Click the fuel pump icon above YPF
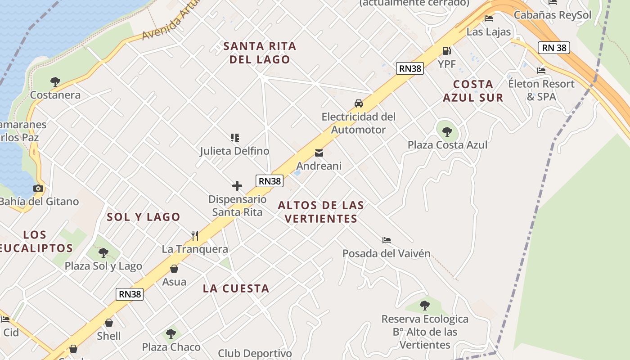coord(446,51)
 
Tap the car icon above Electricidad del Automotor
coord(359,103)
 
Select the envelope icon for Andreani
coord(319,153)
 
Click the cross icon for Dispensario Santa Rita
coord(237,186)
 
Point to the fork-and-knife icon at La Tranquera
coord(195,235)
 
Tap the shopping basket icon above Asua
coord(174,269)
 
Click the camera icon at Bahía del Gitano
coord(38,189)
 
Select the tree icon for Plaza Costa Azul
coord(447,132)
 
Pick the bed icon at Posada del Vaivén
coord(387,240)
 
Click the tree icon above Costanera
coord(55,82)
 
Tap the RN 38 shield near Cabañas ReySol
coord(553,48)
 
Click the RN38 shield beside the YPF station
coord(410,68)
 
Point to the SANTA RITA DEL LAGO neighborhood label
coord(260,53)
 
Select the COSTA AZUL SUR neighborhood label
coord(473,91)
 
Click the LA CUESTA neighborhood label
coord(236,288)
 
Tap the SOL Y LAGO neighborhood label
coord(144,217)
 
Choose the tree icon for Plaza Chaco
coord(171,334)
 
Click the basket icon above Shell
coord(109,323)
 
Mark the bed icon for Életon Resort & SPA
coord(541,71)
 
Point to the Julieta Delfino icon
coord(234,138)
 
